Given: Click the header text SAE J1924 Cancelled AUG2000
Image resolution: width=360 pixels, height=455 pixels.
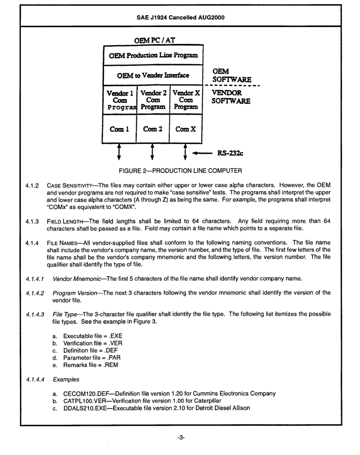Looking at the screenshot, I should click(x=180, y=16).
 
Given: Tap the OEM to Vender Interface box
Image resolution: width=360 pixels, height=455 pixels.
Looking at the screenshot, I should click(x=153, y=76).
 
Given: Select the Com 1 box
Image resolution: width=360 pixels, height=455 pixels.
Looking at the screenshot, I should click(x=119, y=129).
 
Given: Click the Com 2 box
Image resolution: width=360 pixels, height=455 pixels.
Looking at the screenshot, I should click(x=153, y=129).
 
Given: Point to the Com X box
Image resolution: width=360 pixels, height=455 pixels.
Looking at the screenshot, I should click(x=186, y=129).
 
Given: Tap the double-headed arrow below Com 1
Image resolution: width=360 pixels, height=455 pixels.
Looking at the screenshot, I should click(x=119, y=153).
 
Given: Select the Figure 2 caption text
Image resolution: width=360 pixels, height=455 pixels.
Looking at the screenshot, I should click(x=180, y=171).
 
